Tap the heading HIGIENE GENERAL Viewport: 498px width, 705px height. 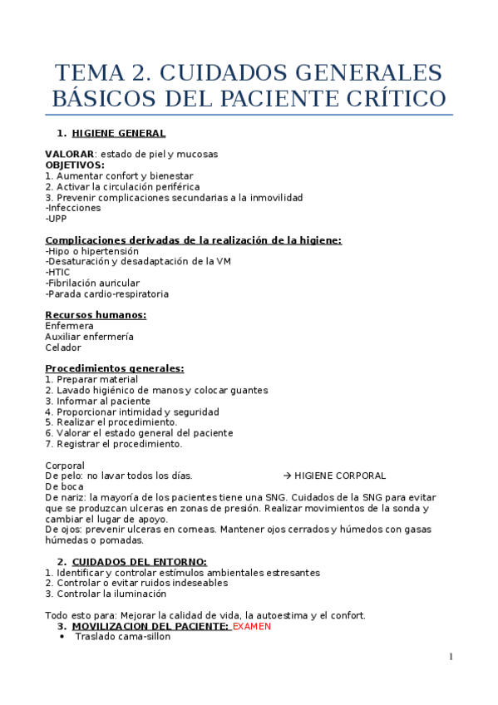[119, 133]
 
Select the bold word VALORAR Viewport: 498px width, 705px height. [69, 155]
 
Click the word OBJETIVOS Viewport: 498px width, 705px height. [74, 165]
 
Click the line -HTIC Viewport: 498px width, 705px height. [57, 273]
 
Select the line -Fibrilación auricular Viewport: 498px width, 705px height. [92, 283]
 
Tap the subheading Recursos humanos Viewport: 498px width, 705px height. [96, 315]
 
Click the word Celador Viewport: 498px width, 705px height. [63, 348]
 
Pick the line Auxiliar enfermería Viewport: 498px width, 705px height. [89, 337]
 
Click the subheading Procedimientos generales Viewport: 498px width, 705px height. [115, 368]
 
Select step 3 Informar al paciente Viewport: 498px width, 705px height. [97, 401]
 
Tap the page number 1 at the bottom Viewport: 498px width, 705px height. [451, 658]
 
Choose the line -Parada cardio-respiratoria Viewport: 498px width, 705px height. [106, 294]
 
